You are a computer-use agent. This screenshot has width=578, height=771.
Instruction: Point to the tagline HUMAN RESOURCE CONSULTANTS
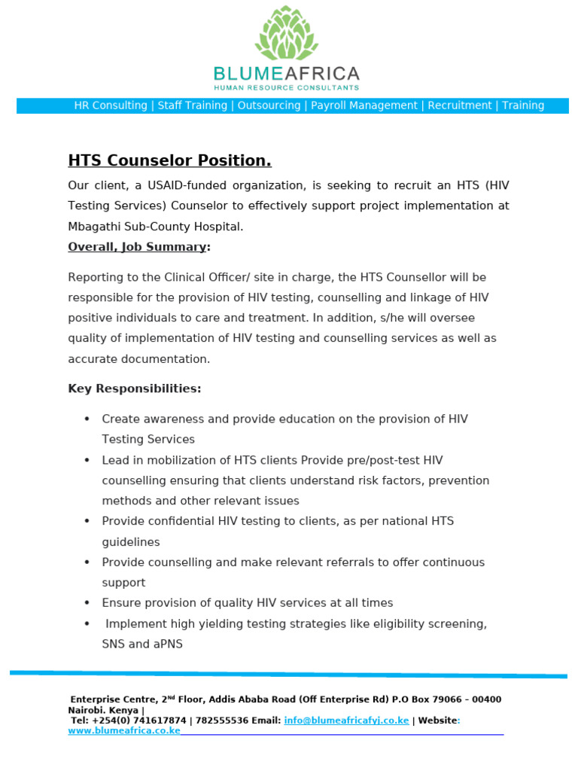coord(287,88)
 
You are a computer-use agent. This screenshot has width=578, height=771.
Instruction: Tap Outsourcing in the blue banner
coord(269,105)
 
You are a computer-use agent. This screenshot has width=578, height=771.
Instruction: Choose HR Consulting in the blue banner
coord(111,105)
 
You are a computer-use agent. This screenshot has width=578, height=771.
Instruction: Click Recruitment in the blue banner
coord(460,105)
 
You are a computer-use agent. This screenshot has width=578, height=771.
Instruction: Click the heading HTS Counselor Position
coord(169,160)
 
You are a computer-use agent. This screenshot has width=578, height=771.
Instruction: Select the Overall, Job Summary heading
coord(137,247)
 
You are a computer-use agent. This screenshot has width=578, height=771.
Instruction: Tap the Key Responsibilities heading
coord(135,389)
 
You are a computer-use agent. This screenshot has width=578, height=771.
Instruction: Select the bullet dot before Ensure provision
coord(87,603)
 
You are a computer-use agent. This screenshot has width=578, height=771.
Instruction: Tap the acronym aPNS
coord(166,644)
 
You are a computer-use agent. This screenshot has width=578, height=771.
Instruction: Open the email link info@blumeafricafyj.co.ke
coord(346,721)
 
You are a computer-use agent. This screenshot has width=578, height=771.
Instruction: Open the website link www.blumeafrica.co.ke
coord(124,730)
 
